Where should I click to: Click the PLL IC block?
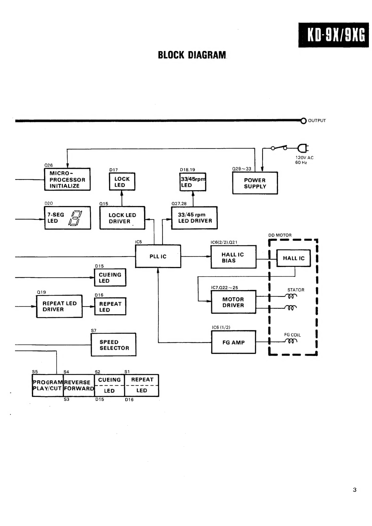(158, 256)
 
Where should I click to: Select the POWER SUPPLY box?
(255, 183)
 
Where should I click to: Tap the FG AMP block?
(234, 342)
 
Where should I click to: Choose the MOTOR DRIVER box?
(234, 302)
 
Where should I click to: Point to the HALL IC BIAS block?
(234, 257)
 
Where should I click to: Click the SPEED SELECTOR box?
(114, 344)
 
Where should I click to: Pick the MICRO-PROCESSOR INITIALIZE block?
(67, 179)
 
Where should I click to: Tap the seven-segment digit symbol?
(75, 218)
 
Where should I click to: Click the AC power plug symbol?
(303, 148)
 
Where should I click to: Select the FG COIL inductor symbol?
(291, 341)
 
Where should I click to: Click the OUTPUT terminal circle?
(304, 121)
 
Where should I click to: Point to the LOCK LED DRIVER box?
(122, 218)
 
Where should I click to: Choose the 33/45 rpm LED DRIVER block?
(194, 218)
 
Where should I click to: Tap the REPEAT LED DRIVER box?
(59, 306)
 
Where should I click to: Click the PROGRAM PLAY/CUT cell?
(48, 386)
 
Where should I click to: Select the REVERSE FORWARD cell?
(79, 386)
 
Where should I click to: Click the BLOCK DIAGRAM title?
(192, 55)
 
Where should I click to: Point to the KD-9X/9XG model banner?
(334, 35)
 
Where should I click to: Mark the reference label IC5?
(138, 242)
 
